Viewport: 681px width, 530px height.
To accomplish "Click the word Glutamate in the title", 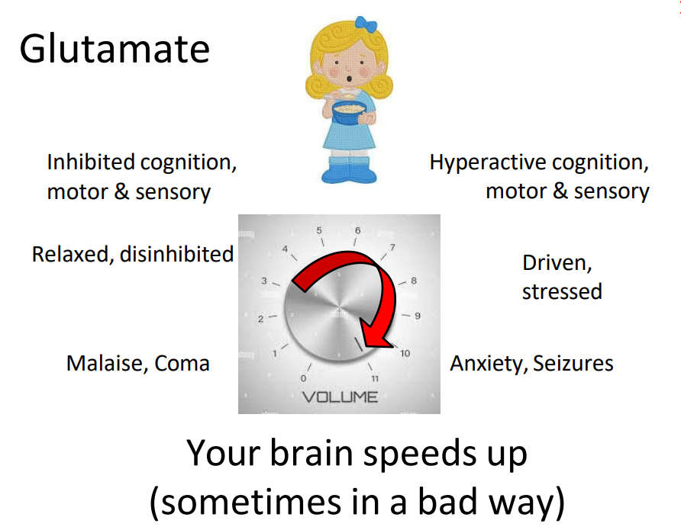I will coord(115,50).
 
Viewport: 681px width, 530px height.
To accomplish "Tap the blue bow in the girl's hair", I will coord(371,24).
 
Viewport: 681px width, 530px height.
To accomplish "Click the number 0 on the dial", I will coord(304,378).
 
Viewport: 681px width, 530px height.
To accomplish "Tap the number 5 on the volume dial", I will coord(320,230).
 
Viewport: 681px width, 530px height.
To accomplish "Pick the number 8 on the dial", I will coord(414,281).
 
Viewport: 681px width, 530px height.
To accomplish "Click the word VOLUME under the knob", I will coord(340,397).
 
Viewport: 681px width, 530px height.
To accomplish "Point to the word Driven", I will coord(557,263).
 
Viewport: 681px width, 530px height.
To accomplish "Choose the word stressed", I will coord(562,291).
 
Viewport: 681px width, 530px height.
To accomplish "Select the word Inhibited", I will coord(91,162).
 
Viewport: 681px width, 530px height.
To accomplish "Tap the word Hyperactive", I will coord(487,162).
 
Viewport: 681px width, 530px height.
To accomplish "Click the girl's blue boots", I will coord(350,172).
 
